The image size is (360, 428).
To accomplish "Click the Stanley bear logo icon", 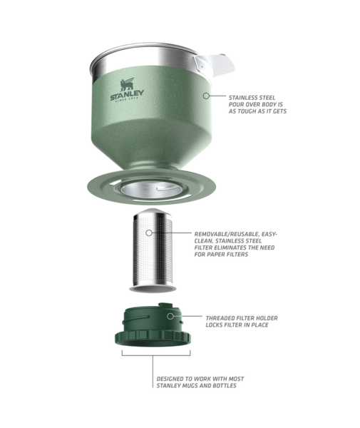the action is click(127, 84).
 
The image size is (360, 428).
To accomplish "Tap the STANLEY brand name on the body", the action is click(127, 96).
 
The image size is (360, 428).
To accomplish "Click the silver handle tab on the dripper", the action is click(214, 66).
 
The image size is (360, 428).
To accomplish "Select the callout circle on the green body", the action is click(207, 96).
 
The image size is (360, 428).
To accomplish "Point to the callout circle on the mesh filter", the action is click(149, 233).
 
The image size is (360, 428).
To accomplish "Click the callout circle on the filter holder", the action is click(170, 316).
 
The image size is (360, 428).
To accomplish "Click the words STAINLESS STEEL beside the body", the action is click(252, 98).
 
